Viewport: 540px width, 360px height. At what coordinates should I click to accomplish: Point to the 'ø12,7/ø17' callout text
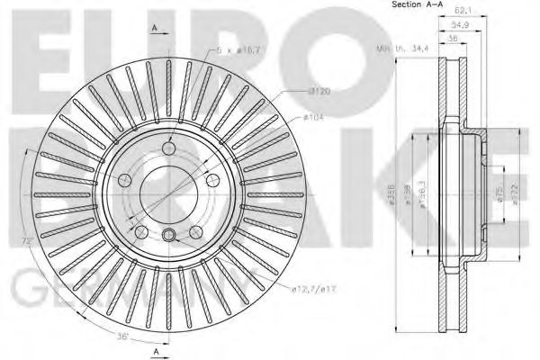click(313, 288)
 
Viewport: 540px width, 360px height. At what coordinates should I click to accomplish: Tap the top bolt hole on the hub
click(169, 149)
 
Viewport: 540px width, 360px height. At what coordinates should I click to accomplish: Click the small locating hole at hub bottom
click(168, 236)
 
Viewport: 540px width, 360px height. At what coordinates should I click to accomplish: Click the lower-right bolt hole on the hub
click(194, 232)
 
